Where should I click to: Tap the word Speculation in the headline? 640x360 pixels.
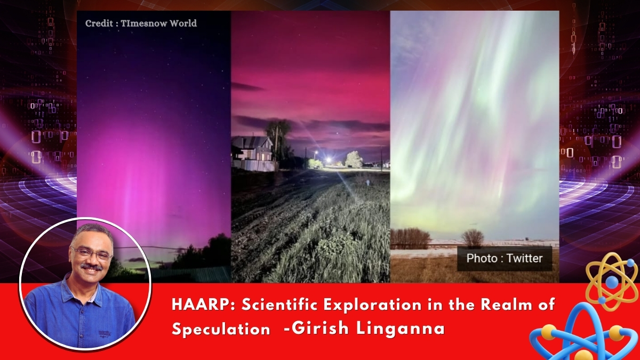coord(221,329)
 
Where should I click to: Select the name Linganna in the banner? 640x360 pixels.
coord(401,329)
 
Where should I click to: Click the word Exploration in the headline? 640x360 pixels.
coord(373,305)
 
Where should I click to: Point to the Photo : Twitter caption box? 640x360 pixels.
coord(505,258)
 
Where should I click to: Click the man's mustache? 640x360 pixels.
coord(91,267)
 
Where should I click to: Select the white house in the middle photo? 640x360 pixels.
coord(253,153)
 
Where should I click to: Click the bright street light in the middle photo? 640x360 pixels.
coord(329,160)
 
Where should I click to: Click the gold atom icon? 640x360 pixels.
coord(612,282)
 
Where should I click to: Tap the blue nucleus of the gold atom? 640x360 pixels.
coord(612,282)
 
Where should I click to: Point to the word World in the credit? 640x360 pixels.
coord(183,23)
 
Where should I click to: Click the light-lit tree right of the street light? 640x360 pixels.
coord(354,159)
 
